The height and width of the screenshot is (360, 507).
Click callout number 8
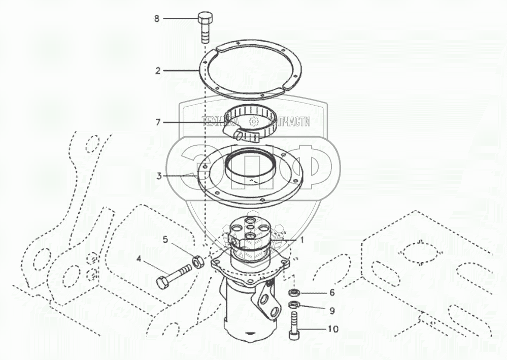click(x=157, y=19)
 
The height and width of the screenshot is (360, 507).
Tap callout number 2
click(x=158, y=71)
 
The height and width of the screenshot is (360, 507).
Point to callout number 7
click(x=158, y=122)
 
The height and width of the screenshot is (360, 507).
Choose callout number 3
click(x=159, y=176)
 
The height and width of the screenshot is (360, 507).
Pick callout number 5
click(x=165, y=239)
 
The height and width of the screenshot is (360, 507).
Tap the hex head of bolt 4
click(x=162, y=282)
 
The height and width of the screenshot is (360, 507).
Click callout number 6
click(x=332, y=292)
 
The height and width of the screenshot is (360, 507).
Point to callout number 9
click(x=332, y=310)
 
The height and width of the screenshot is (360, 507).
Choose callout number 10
click(x=333, y=329)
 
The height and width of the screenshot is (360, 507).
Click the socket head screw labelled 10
click(x=294, y=328)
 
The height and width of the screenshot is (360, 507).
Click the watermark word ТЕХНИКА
click(x=219, y=121)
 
